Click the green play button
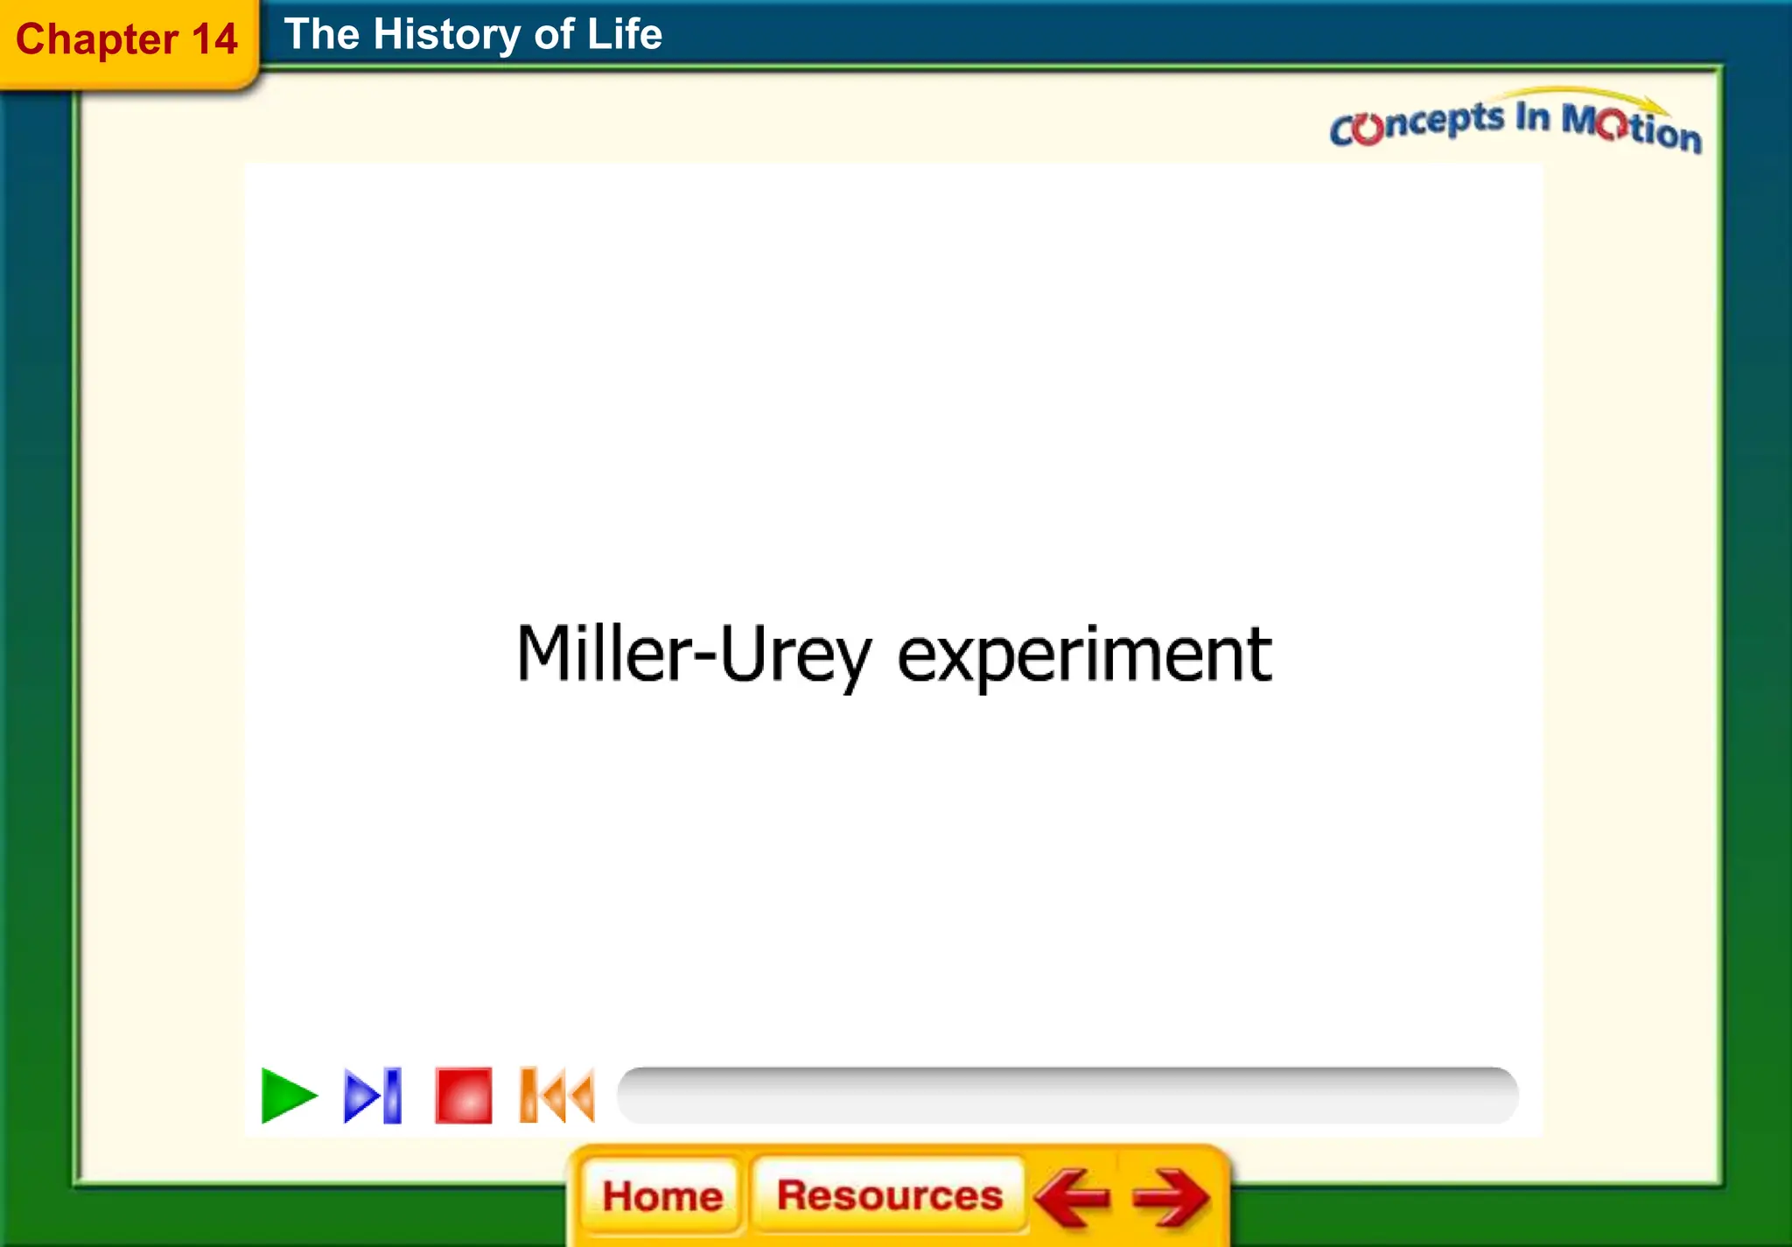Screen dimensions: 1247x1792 pos(288,1096)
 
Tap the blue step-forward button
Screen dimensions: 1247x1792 pos(373,1096)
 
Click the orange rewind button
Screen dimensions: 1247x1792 pos(557,1095)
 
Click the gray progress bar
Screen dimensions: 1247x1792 pos(1067,1095)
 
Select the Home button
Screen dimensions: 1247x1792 pos(662,1195)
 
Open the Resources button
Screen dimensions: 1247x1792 pos(889,1195)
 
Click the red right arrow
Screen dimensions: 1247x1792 pos(1171,1197)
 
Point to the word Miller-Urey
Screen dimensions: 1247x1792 pos(693,655)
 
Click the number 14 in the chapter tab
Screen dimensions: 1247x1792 pos(214,39)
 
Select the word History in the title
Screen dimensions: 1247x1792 pos(446,35)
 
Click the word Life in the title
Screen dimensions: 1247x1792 pos(624,35)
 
